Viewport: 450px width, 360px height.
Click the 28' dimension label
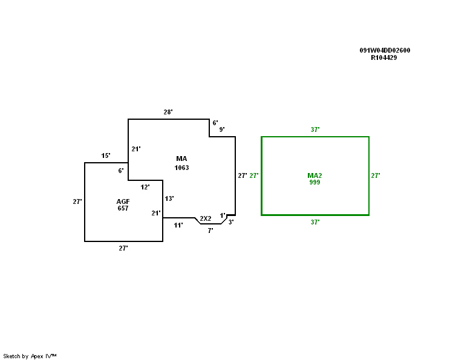168,112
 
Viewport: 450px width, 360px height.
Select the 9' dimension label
222,129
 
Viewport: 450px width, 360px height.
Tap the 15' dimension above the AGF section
106,156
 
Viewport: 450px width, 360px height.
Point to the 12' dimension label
145,188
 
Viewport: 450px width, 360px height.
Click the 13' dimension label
169,198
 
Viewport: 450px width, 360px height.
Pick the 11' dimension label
178,225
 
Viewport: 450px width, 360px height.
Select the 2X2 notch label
206,218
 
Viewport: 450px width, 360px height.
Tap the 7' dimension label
210,231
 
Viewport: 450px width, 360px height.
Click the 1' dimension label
223,215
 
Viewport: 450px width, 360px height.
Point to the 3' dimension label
231,222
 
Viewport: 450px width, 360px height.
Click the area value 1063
181,168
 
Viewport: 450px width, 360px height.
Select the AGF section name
123,201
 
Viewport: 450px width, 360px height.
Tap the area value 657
123,208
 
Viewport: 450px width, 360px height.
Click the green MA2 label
315,175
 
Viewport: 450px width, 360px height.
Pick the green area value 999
315,182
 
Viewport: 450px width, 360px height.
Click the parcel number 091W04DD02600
385,50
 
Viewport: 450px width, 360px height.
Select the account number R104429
384,57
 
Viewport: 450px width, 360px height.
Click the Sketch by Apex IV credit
30,356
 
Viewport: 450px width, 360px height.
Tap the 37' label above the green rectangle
315,129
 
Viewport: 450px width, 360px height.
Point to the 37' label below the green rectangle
315,222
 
